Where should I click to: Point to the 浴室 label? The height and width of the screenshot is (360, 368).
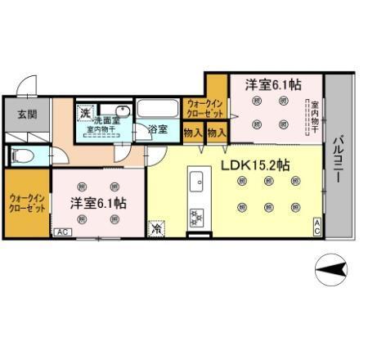tap(158, 130)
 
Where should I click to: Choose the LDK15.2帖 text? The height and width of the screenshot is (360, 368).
tap(255, 164)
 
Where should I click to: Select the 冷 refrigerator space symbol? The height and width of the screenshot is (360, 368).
tap(155, 230)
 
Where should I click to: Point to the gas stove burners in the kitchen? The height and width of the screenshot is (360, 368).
tap(196, 218)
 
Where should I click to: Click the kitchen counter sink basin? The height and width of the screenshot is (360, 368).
tap(196, 181)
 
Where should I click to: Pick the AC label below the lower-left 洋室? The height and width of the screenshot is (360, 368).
tap(61, 232)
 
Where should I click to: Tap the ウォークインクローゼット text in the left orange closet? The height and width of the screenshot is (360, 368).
tap(27, 201)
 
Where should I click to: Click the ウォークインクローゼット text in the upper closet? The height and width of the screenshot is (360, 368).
tap(204, 110)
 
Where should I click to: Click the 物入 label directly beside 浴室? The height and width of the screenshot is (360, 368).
tap(194, 131)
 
